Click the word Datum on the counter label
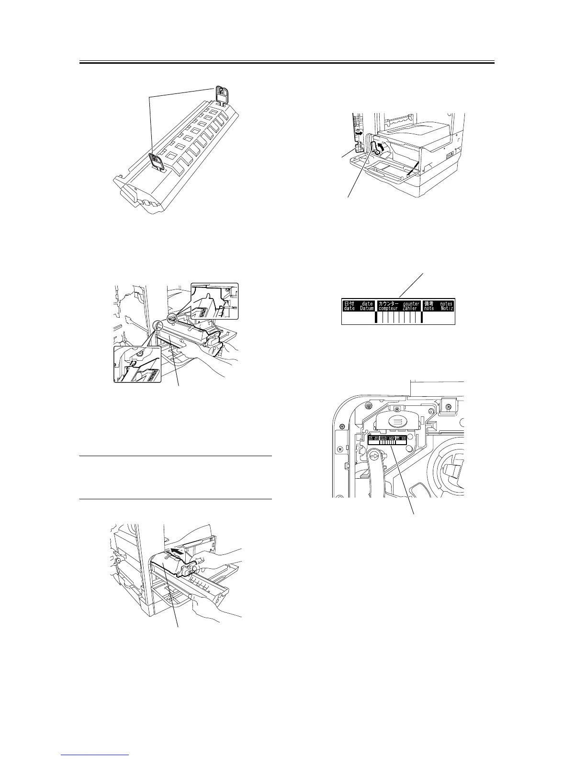tap(366, 309)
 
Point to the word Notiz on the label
tap(446, 309)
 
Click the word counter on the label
tap(411, 303)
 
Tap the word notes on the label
tap(446, 303)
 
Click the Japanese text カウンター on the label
tap(388, 303)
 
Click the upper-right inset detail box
tap(214, 301)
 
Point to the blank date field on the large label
tap(358, 318)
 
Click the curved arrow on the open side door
tap(359, 132)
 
